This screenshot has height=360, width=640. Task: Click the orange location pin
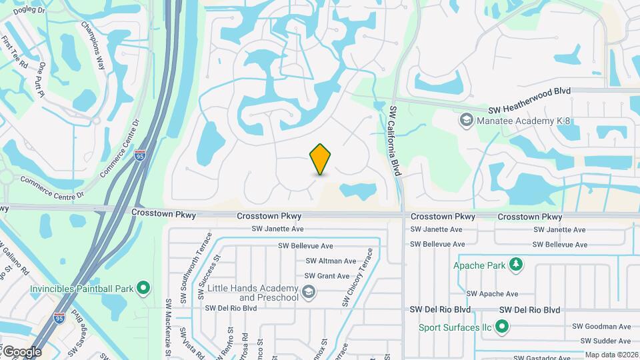click(321, 159)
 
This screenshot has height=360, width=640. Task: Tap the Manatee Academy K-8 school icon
click(466, 120)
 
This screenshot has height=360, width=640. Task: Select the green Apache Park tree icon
click(515, 265)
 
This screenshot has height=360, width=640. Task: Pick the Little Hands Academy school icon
click(309, 291)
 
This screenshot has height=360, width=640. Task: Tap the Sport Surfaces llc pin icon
click(503, 327)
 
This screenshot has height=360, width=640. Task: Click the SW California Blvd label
click(395, 141)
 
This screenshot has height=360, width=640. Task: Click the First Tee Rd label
click(15, 53)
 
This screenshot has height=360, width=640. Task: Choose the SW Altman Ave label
click(331, 261)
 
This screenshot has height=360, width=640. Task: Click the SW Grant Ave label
click(327, 276)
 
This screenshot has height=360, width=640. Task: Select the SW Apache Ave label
click(492, 293)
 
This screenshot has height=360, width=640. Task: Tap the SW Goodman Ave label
click(602, 327)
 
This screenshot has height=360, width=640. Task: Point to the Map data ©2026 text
click(611, 355)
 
